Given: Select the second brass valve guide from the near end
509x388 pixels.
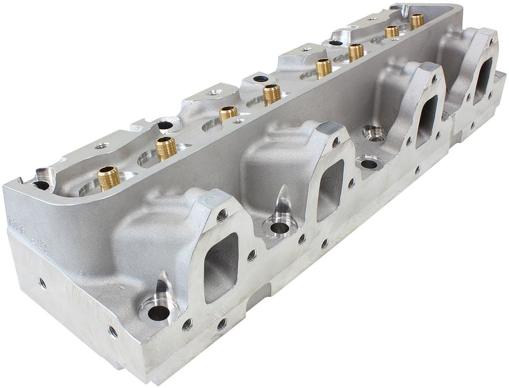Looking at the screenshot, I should tap(166, 148).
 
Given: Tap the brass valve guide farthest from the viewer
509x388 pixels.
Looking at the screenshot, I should tap(417, 20).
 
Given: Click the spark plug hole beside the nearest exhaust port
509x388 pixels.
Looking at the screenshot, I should tap(158, 312).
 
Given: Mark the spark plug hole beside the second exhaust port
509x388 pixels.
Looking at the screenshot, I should tap(278, 227).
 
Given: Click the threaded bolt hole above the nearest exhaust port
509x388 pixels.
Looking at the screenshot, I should tap(221, 214).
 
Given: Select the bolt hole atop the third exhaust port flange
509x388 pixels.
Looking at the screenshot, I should tap(433, 80).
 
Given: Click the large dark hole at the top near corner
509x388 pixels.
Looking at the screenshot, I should tap(41, 186).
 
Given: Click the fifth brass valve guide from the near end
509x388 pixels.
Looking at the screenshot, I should tap(323, 67).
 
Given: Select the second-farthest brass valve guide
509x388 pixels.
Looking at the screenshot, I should tap(392, 31).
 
